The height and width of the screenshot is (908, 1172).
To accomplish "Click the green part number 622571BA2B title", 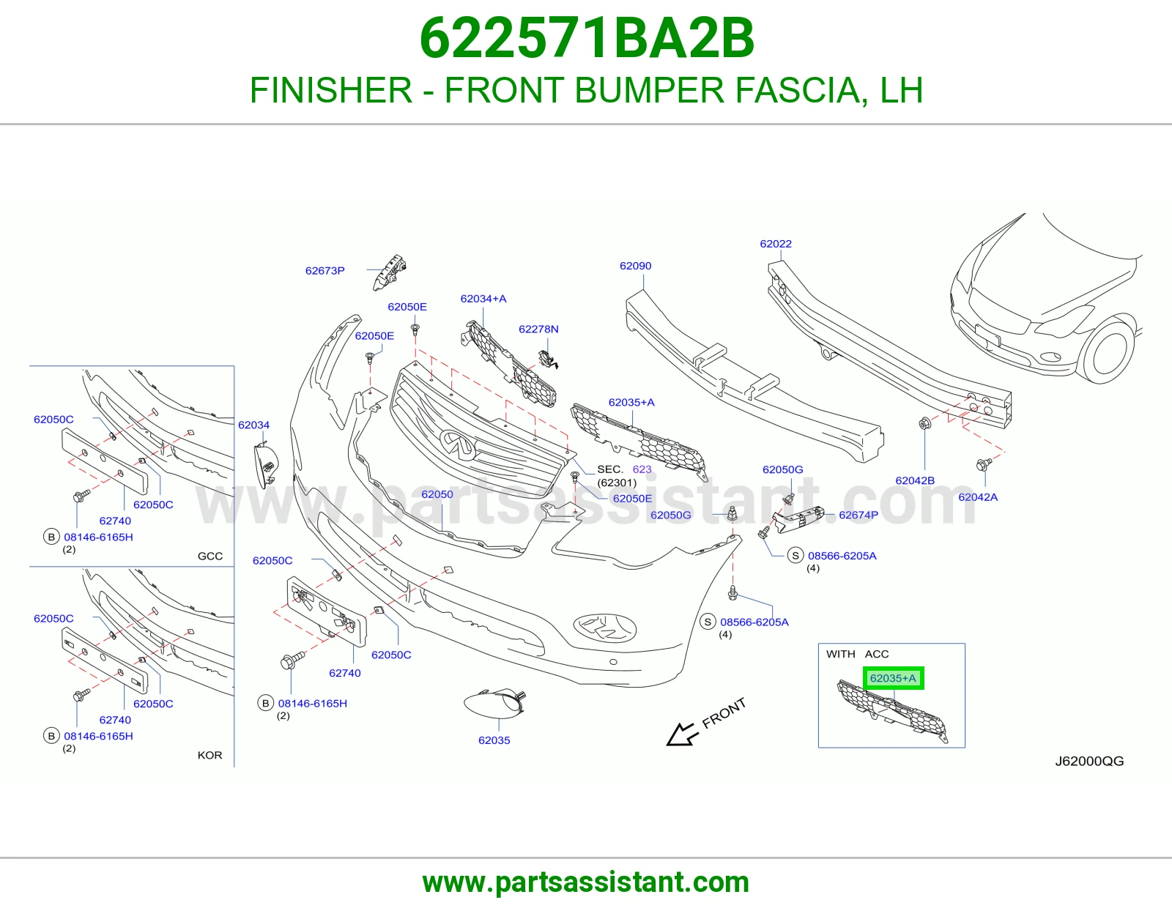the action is [587, 38].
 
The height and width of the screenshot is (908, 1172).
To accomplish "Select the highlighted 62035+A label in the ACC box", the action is [893, 678].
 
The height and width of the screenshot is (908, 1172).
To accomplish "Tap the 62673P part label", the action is [324, 271].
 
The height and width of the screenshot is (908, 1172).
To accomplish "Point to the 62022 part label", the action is [776, 244].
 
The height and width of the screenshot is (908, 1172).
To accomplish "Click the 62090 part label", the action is [635, 266].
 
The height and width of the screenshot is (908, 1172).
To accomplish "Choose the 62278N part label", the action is [538, 329].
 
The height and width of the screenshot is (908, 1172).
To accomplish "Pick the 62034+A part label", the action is [483, 299].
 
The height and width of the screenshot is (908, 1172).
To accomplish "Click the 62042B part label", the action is [915, 480].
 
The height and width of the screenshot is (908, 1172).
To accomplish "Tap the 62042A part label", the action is [978, 497].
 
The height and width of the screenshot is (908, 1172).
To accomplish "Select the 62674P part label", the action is [858, 515].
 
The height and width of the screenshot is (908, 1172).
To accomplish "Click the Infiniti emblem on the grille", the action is [459, 444].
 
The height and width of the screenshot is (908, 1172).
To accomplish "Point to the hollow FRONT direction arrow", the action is [682, 734].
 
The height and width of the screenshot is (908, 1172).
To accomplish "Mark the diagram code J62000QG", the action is [1089, 762].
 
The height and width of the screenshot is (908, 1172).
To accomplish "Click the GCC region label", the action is [209, 556].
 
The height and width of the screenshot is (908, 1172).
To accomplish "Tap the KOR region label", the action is [209, 755].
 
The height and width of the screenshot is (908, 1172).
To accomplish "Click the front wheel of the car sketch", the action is [1106, 349].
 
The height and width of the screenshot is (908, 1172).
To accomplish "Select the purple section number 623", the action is [642, 469].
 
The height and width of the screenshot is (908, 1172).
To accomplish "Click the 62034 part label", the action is [253, 425].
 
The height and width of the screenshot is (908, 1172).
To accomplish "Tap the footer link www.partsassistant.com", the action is [586, 882].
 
